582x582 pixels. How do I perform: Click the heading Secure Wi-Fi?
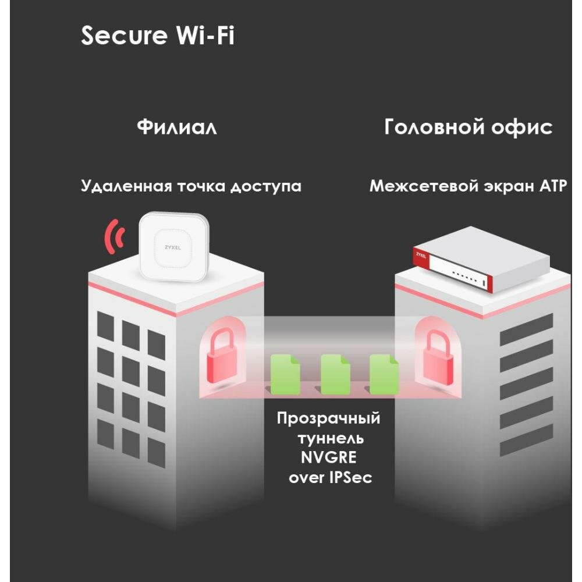[158, 36]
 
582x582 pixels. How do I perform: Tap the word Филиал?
[177, 127]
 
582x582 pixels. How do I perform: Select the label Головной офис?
[468, 127]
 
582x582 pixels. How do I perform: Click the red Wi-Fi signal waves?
[115, 236]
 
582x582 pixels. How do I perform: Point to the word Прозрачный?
[328, 419]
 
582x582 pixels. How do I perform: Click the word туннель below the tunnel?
[328, 438]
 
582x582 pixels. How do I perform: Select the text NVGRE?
[328, 457]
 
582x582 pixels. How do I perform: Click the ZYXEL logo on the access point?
[173, 247]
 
